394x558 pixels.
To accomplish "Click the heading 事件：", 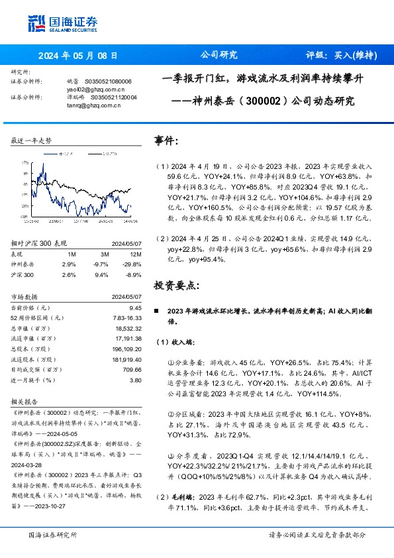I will tap(166, 141).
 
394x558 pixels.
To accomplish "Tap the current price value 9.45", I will tap(135, 308).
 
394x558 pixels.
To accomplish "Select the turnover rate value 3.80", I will tap(135, 380).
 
